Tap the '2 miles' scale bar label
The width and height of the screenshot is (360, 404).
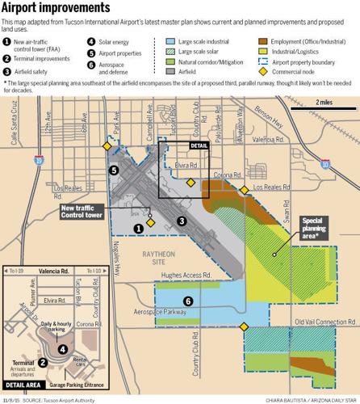pos(323,102)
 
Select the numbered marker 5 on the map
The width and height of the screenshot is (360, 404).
pos(114,170)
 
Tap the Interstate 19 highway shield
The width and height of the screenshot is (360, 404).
pos(39,160)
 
